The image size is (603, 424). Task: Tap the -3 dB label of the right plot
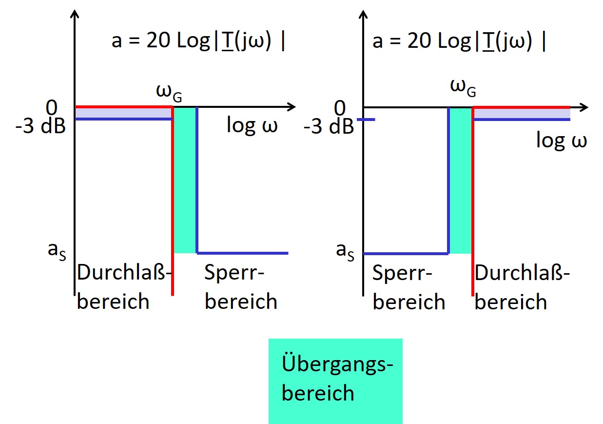[x=329, y=127]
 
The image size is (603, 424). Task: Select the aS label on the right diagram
[x=345, y=251]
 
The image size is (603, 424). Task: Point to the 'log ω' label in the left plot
[x=252, y=125]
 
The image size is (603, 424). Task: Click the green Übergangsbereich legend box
[x=335, y=381]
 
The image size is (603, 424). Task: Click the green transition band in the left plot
[x=185, y=181]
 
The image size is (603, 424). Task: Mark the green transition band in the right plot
[x=460, y=181]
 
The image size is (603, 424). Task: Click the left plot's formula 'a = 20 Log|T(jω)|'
[x=198, y=41]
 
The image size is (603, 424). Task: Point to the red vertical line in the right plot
[x=472, y=205]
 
